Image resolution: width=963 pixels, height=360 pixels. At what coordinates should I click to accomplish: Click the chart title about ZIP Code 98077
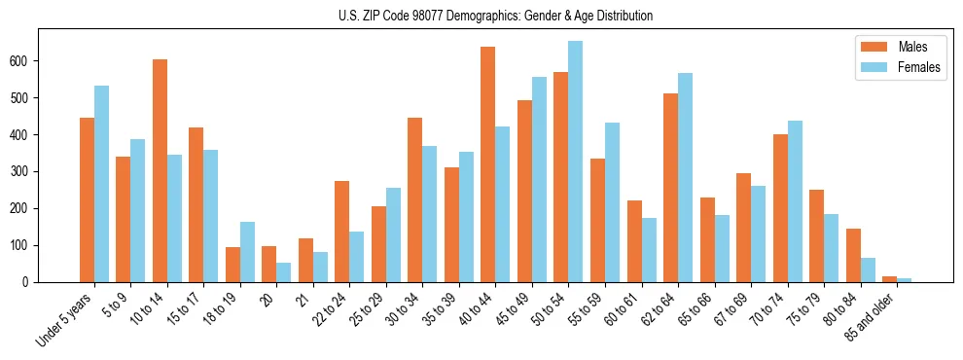[481, 16]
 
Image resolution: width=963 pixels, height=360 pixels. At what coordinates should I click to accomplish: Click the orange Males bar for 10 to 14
[160, 170]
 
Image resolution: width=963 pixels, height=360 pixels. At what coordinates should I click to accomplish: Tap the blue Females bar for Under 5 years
[101, 184]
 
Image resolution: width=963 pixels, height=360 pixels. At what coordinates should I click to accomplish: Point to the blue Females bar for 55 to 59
[612, 202]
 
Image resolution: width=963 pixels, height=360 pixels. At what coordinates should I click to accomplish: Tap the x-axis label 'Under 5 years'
[64, 320]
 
